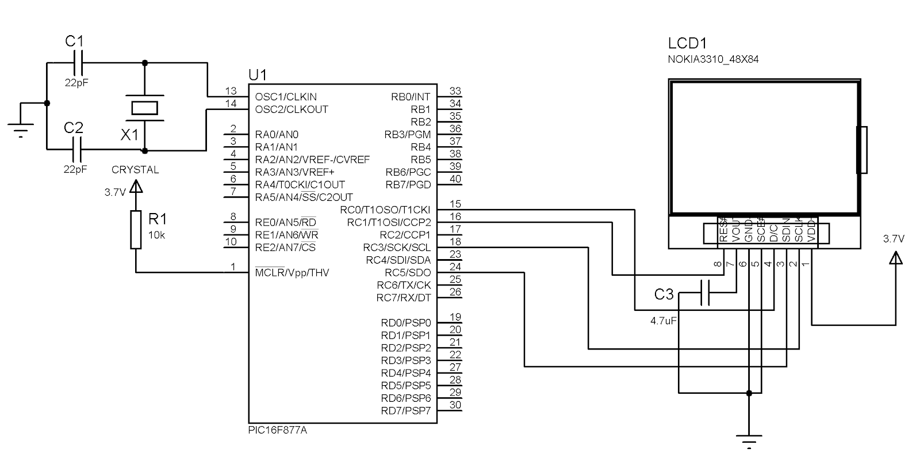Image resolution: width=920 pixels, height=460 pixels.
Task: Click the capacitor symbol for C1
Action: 78,63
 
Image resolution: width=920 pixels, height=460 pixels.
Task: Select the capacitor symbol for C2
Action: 78,150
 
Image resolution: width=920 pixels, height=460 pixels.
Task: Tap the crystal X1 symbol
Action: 144,107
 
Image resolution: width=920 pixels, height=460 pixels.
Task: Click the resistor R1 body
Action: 136,229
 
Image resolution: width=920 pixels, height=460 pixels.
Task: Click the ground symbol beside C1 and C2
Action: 21,130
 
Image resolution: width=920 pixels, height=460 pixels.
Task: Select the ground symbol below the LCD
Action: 749,439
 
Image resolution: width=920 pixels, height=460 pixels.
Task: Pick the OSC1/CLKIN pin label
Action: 286,97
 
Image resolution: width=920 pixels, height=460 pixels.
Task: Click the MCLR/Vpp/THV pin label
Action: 292,272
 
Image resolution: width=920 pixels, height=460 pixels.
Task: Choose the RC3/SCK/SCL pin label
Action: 397,248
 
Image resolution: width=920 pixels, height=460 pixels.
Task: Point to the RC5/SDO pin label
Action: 408,272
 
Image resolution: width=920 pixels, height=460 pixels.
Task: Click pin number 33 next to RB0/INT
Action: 455,91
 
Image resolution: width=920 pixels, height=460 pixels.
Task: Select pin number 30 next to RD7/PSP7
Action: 455,405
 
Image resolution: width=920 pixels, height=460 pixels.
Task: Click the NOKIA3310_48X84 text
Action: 713,59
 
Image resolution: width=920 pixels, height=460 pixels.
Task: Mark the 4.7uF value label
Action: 663,321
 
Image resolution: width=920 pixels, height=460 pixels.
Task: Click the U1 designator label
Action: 257,75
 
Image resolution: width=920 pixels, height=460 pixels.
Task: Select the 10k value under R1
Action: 156,235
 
